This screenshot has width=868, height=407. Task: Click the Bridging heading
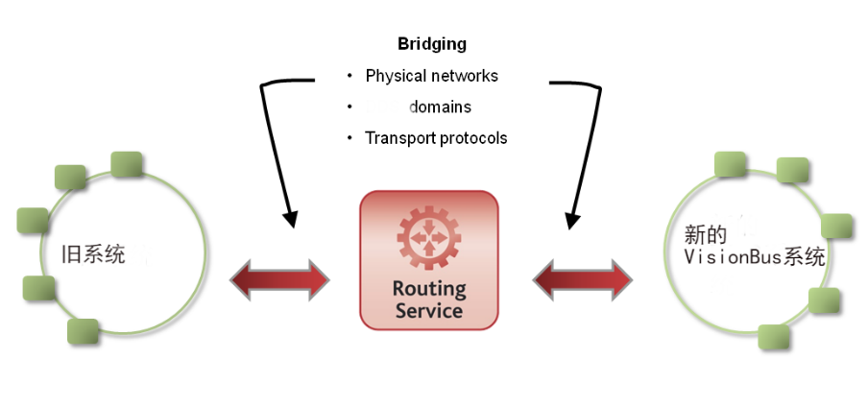pos(432,44)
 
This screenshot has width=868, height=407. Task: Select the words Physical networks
pos(432,76)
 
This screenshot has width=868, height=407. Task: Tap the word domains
pos(440,107)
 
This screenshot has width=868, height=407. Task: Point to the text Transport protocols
pos(436,137)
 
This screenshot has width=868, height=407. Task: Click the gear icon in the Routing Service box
pos(429,238)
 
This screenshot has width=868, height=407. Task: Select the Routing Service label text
pos(429,299)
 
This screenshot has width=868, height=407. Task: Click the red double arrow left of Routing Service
pos(279,280)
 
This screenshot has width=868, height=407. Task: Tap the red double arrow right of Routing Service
pos(583,280)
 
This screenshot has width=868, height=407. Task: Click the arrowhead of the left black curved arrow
pos(290,219)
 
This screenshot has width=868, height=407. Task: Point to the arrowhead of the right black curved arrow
pos(572,221)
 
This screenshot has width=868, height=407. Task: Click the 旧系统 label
pos(93,254)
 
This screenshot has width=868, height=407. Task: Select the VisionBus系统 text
pos(755,257)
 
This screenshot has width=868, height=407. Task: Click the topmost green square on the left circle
pos(127,164)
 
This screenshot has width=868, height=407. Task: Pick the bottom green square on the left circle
pos(83,332)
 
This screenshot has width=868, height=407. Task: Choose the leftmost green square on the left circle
pos(33,221)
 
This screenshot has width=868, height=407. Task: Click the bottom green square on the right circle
pos(773,337)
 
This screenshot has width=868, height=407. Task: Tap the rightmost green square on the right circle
pos(836,226)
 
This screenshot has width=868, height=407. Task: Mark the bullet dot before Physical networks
pos(350,76)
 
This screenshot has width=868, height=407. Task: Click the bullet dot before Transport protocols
pos(350,137)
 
